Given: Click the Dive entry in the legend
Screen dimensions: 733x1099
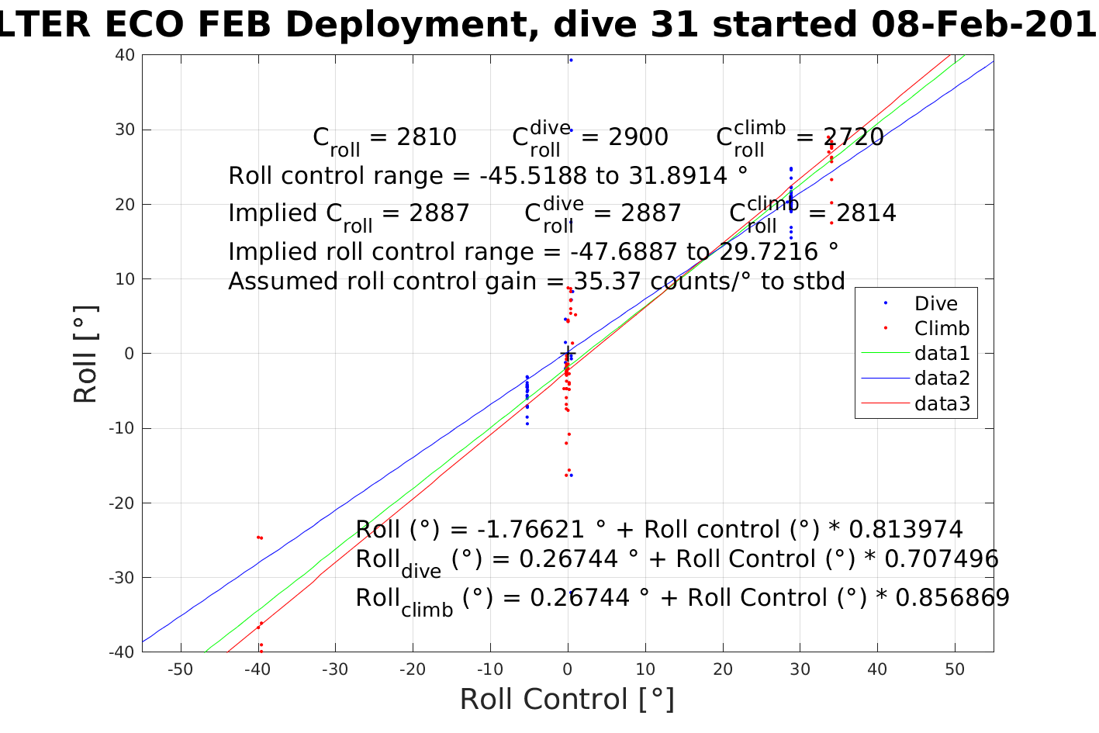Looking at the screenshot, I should (x=935, y=304).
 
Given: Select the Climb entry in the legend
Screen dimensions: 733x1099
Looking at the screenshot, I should (x=942, y=329).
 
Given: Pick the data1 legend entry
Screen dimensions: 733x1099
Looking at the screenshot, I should (x=942, y=354).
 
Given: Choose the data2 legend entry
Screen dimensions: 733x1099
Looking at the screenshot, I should (x=942, y=379).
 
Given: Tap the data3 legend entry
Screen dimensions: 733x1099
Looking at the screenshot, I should (x=942, y=403).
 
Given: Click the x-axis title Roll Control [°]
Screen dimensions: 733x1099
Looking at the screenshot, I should (x=567, y=700).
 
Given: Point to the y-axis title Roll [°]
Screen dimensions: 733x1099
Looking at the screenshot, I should (x=85, y=354).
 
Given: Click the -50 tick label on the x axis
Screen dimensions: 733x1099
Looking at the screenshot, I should (x=180, y=670).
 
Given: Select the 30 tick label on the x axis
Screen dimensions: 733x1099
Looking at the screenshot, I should (x=800, y=670).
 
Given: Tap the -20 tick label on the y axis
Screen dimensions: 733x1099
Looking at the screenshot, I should (x=123, y=503).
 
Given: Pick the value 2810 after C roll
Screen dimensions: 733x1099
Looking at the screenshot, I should (x=426, y=137).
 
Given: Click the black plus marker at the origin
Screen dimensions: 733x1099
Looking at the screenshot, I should (x=568, y=354).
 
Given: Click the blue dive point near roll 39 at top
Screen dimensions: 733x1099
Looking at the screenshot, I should (x=571, y=61).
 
